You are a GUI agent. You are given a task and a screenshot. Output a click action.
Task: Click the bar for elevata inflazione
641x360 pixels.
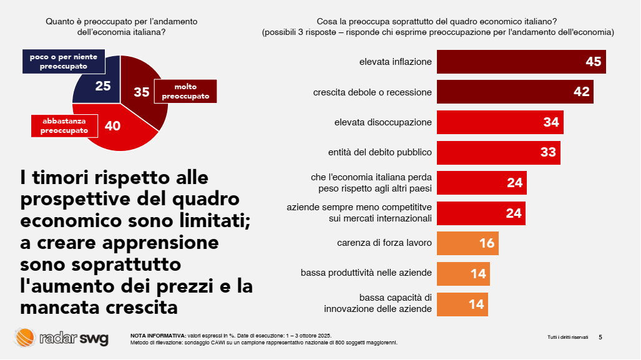521,62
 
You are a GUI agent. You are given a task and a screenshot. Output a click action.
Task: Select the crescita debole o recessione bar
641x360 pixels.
515,92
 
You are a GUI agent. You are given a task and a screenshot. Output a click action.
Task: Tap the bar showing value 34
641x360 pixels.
500,122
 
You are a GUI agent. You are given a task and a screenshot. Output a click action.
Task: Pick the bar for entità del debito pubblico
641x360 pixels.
498,153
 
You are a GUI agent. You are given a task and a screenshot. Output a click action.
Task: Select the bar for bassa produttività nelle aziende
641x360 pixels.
463,273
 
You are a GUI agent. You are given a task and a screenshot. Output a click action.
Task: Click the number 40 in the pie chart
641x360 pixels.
112,126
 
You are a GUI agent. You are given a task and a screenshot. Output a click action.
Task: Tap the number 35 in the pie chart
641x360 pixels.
142,92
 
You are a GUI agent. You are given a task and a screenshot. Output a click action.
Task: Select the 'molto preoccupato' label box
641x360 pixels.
185,92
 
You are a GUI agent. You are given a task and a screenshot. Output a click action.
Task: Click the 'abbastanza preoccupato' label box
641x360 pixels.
64,125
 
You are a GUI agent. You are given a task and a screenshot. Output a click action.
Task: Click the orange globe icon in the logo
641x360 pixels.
25,338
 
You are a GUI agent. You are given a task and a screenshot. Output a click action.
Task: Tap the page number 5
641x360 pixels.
600,337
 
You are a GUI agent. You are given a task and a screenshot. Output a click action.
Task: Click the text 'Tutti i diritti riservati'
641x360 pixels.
567,338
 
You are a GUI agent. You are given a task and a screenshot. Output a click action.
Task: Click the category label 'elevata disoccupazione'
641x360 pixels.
383,122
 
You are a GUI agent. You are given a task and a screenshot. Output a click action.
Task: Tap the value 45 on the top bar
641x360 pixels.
593,62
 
